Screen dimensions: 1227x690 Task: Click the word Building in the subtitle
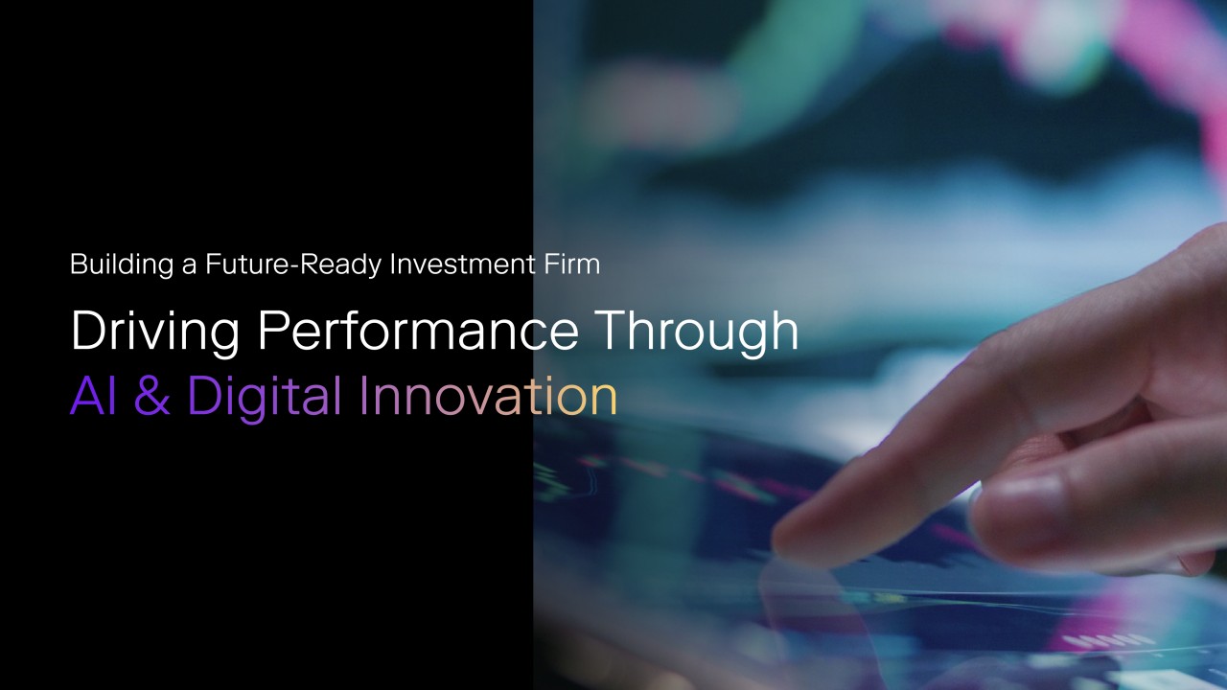point(122,265)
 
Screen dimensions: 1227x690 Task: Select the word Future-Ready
point(293,265)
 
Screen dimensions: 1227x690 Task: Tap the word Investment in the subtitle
point(462,264)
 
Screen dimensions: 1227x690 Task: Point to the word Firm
point(572,264)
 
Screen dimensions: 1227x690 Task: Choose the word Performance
point(418,330)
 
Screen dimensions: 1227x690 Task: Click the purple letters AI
point(93,396)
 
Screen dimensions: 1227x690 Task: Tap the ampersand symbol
point(151,396)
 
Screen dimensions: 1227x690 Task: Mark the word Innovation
point(489,395)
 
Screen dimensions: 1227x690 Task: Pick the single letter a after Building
point(190,266)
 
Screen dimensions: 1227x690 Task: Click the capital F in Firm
point(551,264)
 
